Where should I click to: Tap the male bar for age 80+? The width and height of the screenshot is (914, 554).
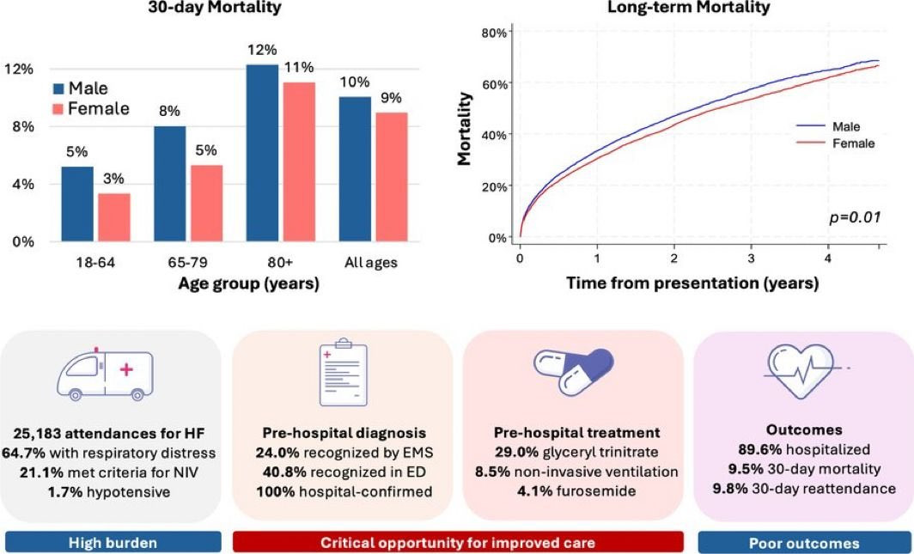click(262, 153)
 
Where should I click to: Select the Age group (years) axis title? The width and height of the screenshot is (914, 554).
click(248, 284)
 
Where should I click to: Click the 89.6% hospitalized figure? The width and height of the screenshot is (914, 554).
click(803, 450)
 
